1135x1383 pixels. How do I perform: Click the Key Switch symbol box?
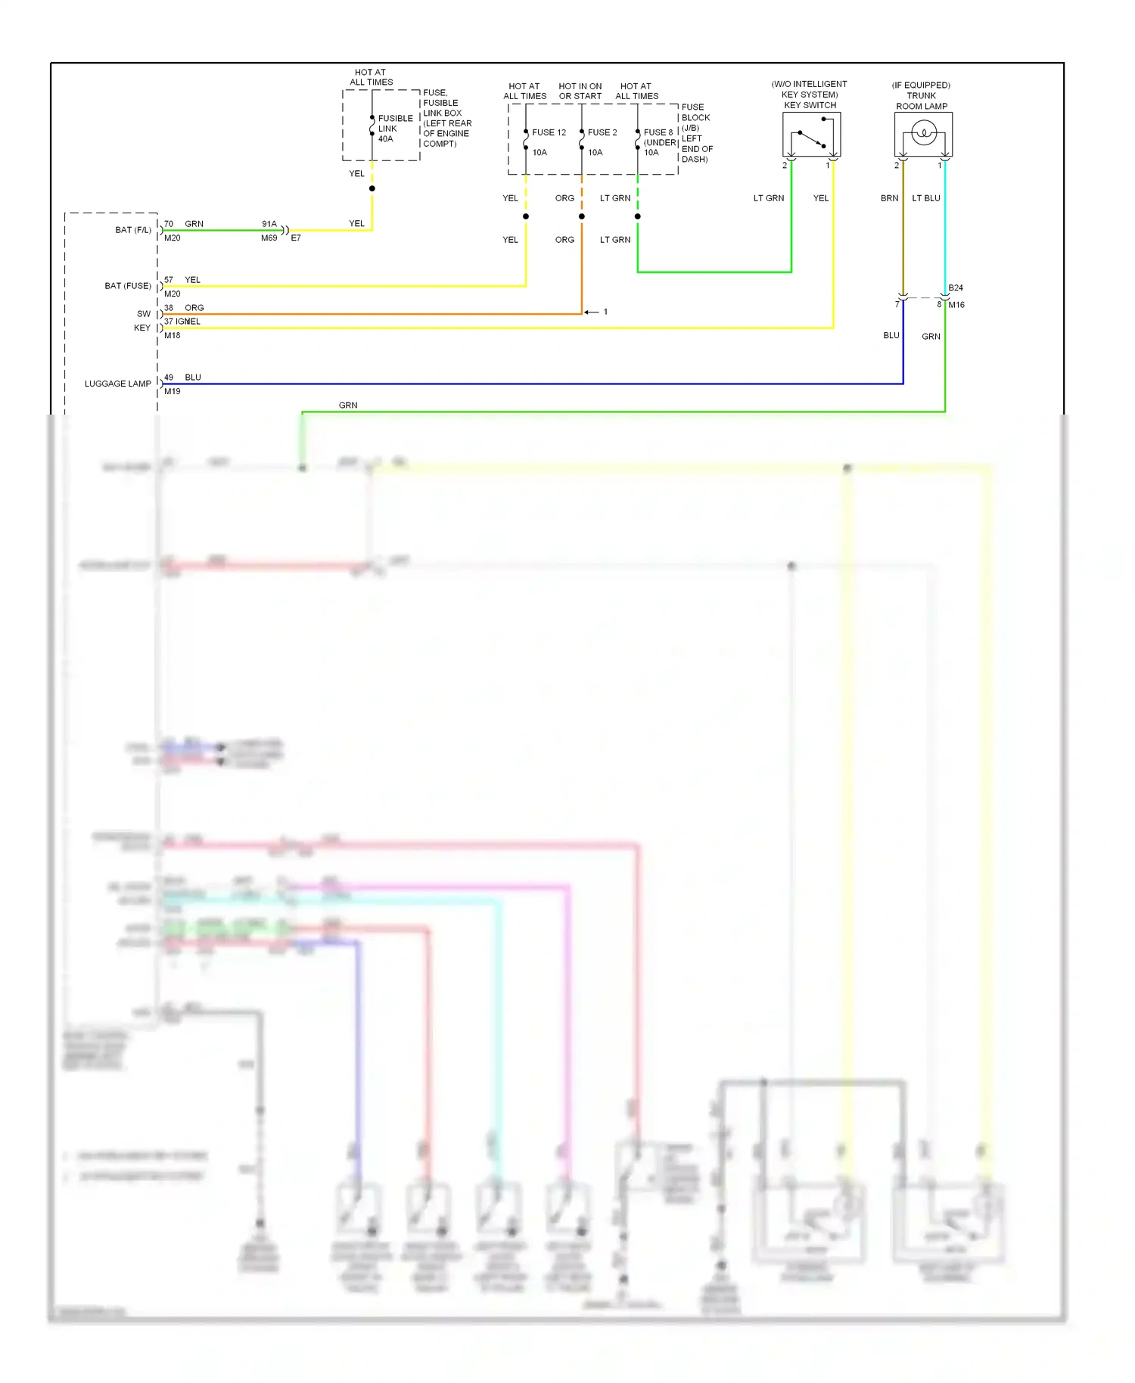(811, 135)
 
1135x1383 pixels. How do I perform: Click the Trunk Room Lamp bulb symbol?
(923, 135)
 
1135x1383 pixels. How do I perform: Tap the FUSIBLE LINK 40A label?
(395, 129)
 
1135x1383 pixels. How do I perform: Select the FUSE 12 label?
(549, 132)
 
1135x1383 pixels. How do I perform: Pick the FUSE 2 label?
(602, 132)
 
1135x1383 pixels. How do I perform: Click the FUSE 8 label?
(658, 132)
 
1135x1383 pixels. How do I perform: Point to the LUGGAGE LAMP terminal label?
(117, 384)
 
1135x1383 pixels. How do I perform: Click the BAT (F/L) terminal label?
(133, 230)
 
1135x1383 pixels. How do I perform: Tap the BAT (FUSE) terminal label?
(127, 286)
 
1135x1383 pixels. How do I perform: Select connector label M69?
(269, 238)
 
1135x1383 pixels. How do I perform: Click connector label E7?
(296, 238)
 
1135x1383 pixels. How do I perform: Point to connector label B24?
(956, 288)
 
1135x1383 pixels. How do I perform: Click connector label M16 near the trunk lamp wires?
(956, 305)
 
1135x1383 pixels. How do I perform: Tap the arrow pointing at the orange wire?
(592, 312)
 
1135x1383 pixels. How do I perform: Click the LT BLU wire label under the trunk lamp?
(925, 198)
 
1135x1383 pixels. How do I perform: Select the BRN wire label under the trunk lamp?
(889, 198)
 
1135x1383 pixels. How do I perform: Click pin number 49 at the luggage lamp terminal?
(169, 378)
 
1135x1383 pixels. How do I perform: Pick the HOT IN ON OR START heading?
(580, 92)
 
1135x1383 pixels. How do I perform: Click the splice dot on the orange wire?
(582, 217)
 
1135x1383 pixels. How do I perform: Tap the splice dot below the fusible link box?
(372, 188)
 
